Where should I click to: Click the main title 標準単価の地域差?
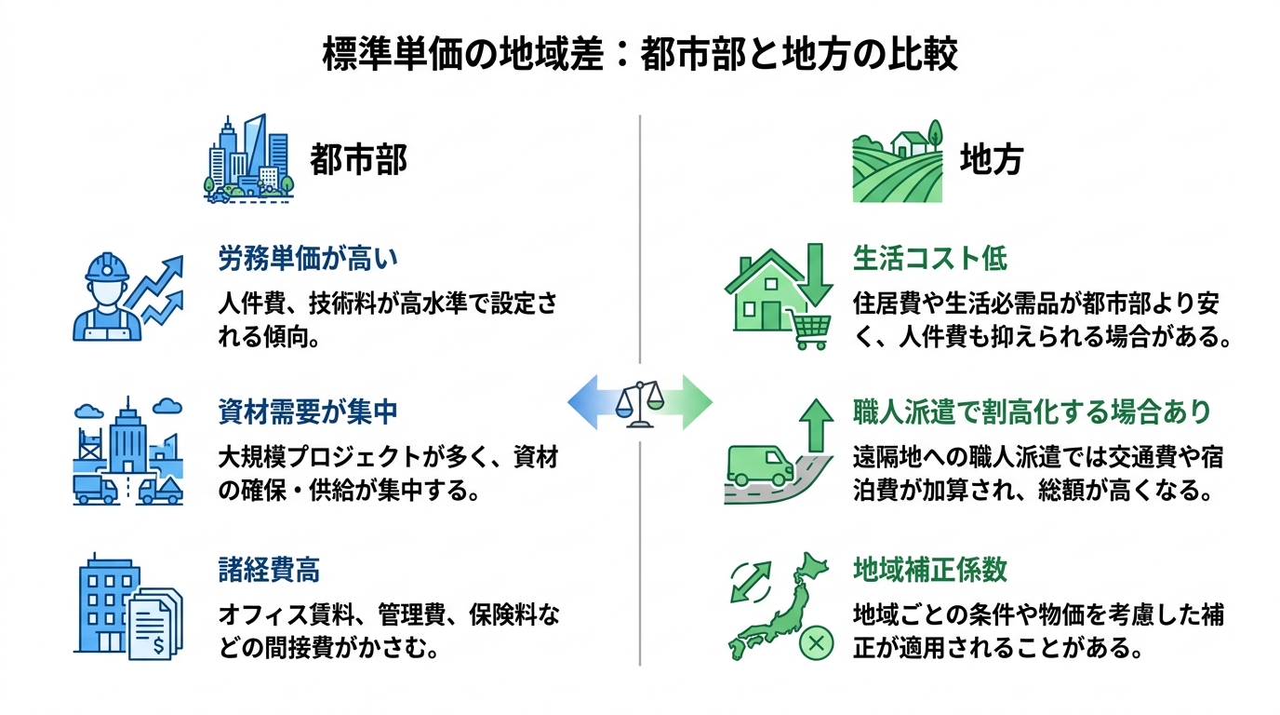pyautogui.click(x=463, y=55)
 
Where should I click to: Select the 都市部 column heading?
pyautogui.click(x=358, y=159)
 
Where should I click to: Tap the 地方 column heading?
pyautogui.click(x=992, y=159)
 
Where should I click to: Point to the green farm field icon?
pyautogui.click(x=897, y=161)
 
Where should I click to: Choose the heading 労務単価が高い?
pyautogui.click(x=307, y=259)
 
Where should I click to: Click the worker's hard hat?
pyautogui.click(x=107, y=266)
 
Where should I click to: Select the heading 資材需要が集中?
pyautogui.click(x=307, y=411)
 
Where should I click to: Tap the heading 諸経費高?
pyautogui.click(x=269, y=570)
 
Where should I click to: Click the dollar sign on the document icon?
pyautogui.click(x=158, y=646)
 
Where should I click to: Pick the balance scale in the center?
pyautogui.click(x=640, y=404)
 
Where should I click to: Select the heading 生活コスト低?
pyautogui.click(x=929, y=259)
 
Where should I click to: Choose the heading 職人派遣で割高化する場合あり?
pyautogui.click(x=1032, y=411)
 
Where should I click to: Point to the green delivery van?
pyautogui.click(x=760, y=466)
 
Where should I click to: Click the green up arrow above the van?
pyautogui.click(x=817, y=425)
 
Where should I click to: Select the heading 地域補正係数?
pyautogui.click(x=929, y=570)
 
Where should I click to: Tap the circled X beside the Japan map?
pyautogui.click(x=817, y=643)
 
